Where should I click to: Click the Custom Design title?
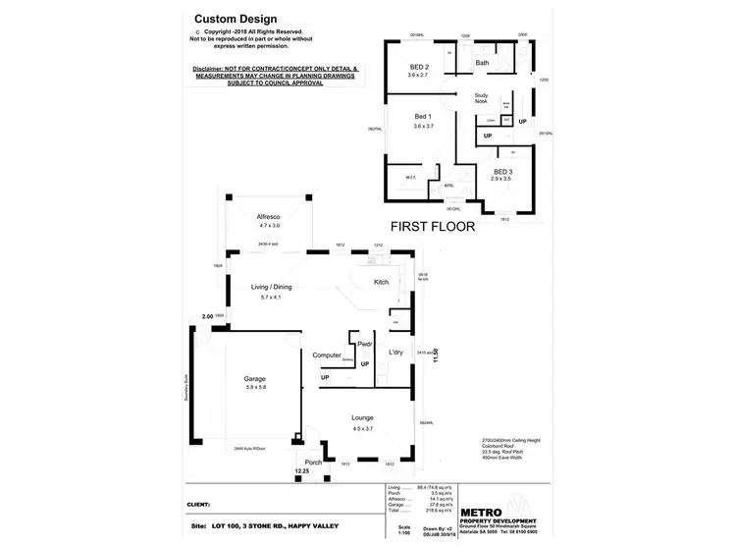236,19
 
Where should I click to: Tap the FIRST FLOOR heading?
433,226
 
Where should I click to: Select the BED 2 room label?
421,67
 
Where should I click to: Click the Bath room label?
482,63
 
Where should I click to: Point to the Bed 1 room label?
423,117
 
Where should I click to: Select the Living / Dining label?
271,287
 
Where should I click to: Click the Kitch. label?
383,283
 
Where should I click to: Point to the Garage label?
255,378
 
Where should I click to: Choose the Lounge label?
363,418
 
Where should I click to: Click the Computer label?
326,355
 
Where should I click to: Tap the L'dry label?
396,352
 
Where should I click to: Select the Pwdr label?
364,344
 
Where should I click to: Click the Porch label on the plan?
313,463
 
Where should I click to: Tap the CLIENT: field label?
200,505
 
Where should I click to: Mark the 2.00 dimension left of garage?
207,316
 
